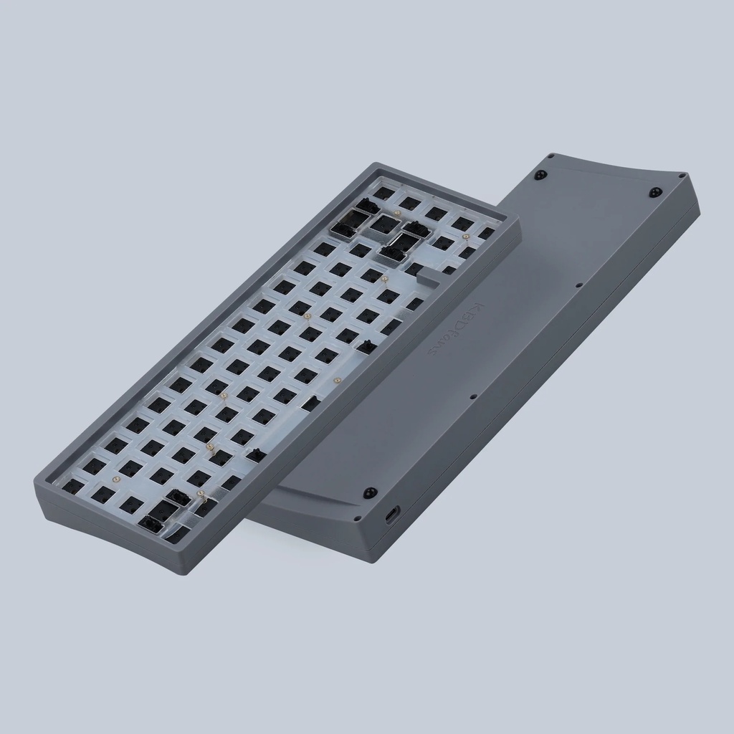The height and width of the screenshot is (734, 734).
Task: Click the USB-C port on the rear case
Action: (392, 516)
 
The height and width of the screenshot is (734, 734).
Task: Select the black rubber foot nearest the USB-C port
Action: (369, 492)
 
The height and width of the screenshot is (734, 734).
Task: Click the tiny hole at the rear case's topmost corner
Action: (551, 155)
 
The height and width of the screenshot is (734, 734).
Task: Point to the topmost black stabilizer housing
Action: (367, 206)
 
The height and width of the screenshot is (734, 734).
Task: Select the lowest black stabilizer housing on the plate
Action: (153, 525)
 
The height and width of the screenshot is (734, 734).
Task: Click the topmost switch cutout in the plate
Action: (385, 193)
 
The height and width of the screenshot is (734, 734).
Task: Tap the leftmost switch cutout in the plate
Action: (73, 487)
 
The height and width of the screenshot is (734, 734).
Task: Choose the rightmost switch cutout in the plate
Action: (487, 233)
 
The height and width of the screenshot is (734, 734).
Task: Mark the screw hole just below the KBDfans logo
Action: (473, 395)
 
